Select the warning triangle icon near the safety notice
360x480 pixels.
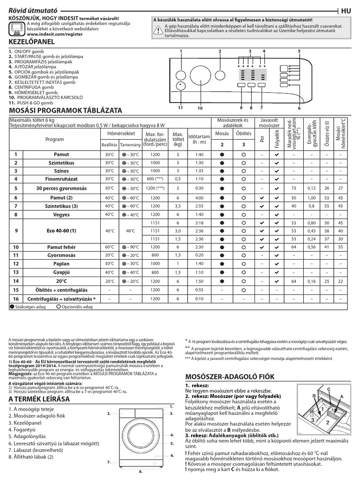coord(157,29)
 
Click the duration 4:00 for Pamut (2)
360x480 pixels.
coord(199,198)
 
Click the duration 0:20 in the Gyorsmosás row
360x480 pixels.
coord(199,255)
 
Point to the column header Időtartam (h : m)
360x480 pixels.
coord(199,140)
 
